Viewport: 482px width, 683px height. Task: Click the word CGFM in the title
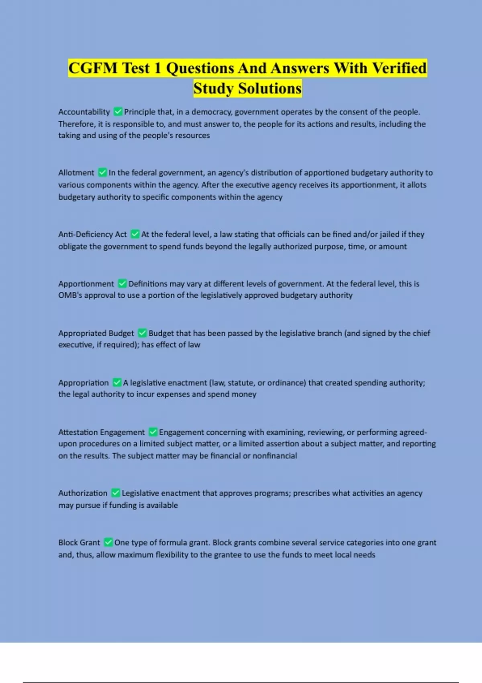coord(93,68)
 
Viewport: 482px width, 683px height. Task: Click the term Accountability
coord(84,112)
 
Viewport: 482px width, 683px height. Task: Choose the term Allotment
coord(76,173)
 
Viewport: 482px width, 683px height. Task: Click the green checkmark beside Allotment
coord(102,172)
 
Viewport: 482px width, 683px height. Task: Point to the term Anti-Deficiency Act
coord(92,234)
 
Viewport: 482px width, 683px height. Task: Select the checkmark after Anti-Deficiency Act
coord(135,234)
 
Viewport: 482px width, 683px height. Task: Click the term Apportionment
coord(86,284)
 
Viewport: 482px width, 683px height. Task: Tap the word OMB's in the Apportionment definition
coord(69,295)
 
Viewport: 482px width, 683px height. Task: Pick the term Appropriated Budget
coord(96,333)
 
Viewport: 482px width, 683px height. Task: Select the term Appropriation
coord(83,383)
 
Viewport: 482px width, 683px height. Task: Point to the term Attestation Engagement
coord(101,432)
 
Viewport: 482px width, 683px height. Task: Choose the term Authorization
coord(83,493)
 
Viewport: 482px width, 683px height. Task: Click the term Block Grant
coord(79,542)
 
